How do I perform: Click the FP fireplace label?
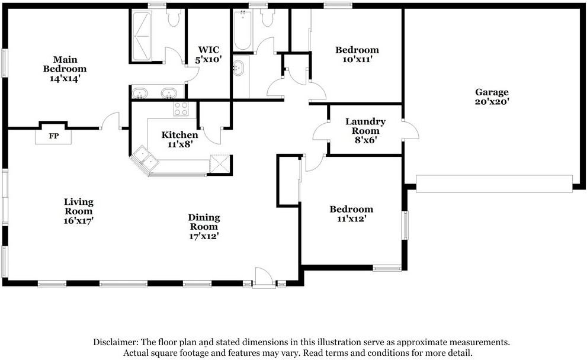53,136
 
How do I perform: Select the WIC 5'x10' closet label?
208,55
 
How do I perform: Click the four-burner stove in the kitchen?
181,108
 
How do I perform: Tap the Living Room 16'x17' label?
79,211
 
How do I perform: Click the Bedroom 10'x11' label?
357,54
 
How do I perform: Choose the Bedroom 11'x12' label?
351,214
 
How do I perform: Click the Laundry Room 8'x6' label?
365,131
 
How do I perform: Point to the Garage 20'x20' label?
492,97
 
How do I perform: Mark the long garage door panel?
494,183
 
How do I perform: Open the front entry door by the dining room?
264,278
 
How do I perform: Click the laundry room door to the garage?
410,130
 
